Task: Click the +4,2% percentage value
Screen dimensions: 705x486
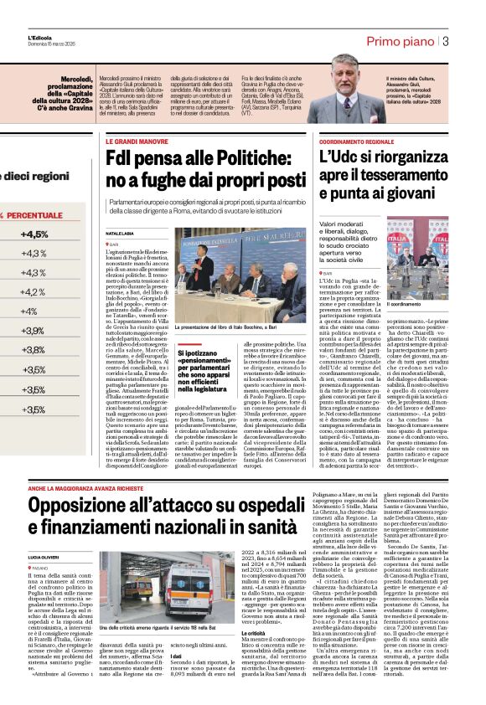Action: click(33, 292)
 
